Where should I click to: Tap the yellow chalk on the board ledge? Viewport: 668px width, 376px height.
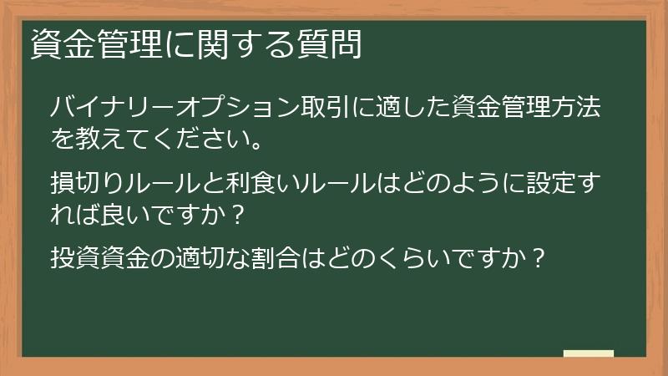point(589,353)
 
